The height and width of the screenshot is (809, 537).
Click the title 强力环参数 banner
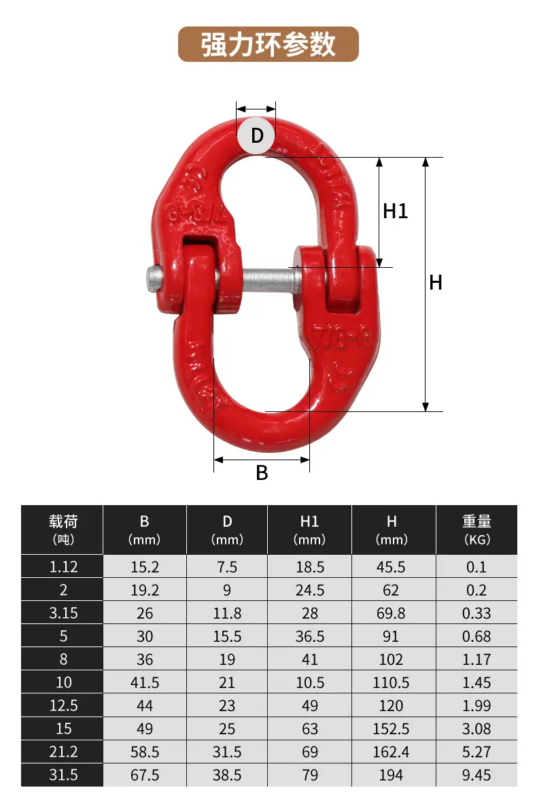(x=268, y=44)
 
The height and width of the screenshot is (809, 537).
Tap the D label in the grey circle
(x=257, y=136)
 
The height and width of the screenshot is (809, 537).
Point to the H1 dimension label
(x=396, y=211)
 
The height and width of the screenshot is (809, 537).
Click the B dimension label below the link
(x=262, y=472)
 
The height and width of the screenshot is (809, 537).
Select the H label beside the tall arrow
(x=436, y=283)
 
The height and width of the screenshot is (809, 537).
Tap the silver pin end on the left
(x=153, y=279)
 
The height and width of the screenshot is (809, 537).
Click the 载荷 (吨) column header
(x=63, y=530)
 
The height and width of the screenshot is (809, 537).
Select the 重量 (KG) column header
(x=477, y=530)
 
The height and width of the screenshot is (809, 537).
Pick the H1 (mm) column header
(x=309, y=530)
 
